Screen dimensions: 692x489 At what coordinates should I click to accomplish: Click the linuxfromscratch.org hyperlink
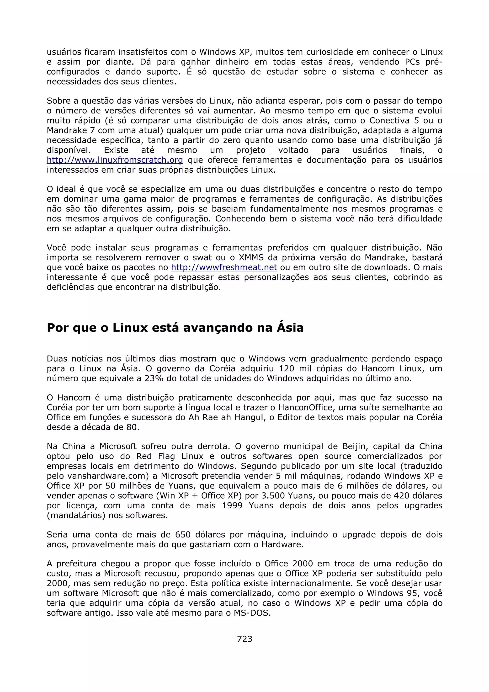[x=115, y=160]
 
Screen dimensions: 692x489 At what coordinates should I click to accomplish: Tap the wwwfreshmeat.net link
[x=224, y=267]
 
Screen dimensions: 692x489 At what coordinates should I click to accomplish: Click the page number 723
[x=244, y=639]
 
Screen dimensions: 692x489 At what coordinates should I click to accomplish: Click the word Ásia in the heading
[x=290, y=328]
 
